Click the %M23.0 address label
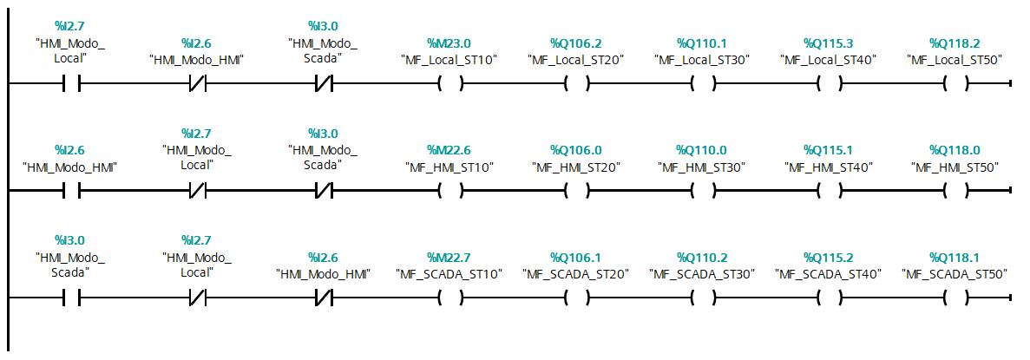pos(449,43)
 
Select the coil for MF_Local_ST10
pos(450,84)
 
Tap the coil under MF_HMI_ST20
pos(577,191)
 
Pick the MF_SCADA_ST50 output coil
pos(955,298)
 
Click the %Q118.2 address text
pos(955,43)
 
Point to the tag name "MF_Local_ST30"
pos(702,61)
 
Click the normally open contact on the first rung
pos(71,84)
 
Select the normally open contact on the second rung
pos(71,191)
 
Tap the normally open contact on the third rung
pos(71,298)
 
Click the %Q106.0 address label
pos(576,150)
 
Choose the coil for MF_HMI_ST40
pos(829,191)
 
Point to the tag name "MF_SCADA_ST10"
pos(450,274)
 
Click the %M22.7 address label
pos(449,257)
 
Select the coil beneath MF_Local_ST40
pos(829,84)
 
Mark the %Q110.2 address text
pos(702,257)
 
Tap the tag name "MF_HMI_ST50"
pos(955,167)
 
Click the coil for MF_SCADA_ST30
pos(703,298)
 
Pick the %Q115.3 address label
pos(829,43)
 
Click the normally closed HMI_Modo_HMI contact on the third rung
pos(324,298)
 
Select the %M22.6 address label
pos(449,150)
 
